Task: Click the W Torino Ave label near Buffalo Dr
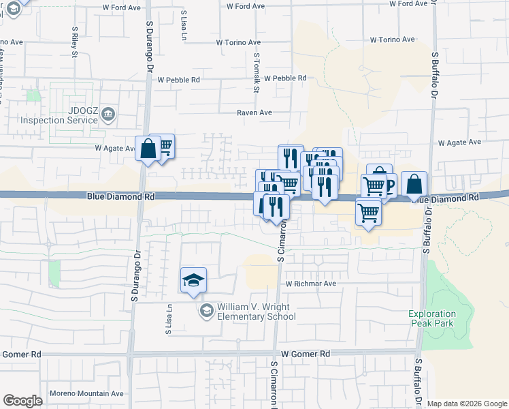click(x=392, y=40)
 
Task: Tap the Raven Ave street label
click(x=254, y=112)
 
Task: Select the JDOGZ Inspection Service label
click(x=59, y=115)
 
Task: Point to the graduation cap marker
click(x=193, y=280)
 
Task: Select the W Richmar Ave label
click(x=310, y=283)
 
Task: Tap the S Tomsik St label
click(x=257, y=74)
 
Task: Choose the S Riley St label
click(x=73, y=43)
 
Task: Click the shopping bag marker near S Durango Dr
click(x=148, y=148)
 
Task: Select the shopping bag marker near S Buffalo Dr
click(x=414, y=184)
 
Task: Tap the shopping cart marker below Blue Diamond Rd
click(x=368, y=211)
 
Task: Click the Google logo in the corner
click(x=22, y=401)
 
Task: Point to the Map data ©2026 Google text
click(x=466, y=404)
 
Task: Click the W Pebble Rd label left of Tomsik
click(x=178, y=80)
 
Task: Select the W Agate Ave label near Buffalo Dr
click(x=459, y=142)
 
